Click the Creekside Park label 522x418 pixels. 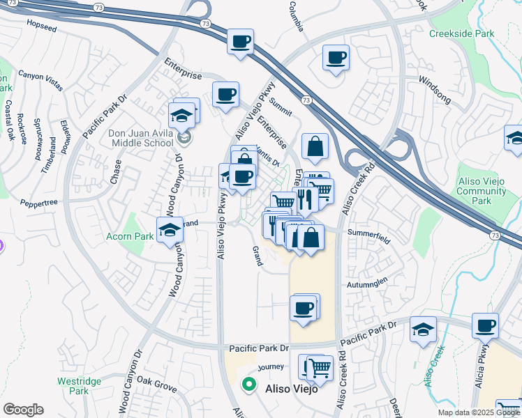pyautogui.click(x=461, y=33)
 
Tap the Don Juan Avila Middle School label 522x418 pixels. pyautogui.click(x=140, y=138)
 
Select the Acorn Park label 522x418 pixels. pyautogui.click(x=130, y=237)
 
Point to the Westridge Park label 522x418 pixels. pyautogui.click(x=73, y=386)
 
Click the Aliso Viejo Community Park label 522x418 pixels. pyautogui.click(x=481, y=191)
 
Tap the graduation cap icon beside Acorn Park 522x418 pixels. pyautogui.click(x=169, y=231)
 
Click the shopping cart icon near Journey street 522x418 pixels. pyautogui.click(x=320, y=368)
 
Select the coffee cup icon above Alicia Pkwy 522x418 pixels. pyautogui.click(x=485, y=325)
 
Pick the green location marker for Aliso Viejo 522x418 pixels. pyautogui.click(x=248, y=384)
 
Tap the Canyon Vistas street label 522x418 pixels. pyautogui.click(x=40, y=80)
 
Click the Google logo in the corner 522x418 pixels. pyautogui.click(x=23, y=410)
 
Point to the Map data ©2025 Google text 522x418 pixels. pyautogui.click(x=479, y=412)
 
